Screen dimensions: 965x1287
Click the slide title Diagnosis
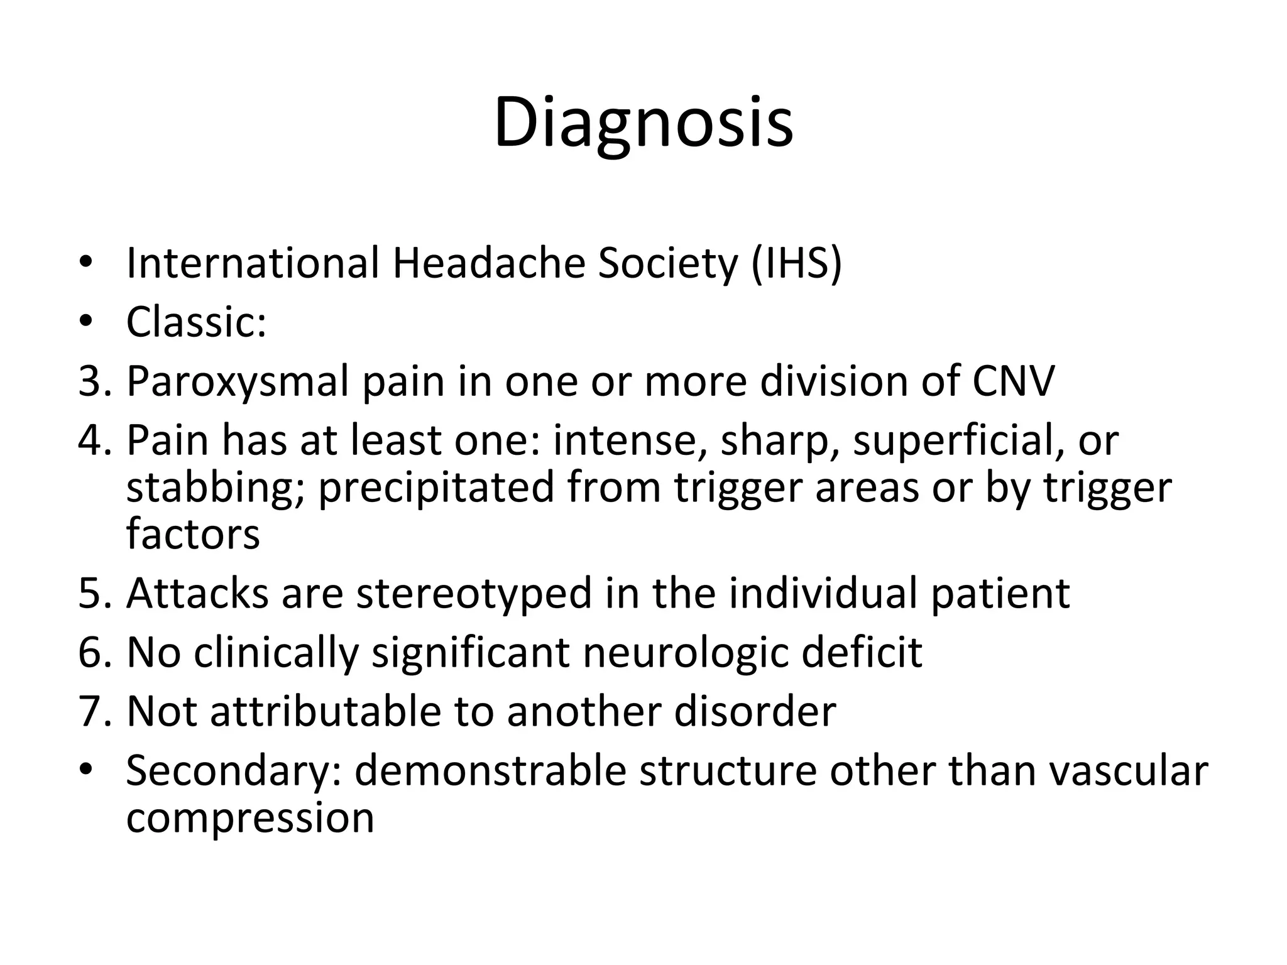643,123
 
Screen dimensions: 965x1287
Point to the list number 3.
94,381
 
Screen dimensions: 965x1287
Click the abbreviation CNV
1012,381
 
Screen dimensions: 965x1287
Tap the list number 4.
94,440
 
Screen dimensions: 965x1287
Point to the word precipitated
437,488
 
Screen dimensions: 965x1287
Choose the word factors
193,534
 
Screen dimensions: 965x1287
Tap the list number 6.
94,652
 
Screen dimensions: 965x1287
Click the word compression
250,817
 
